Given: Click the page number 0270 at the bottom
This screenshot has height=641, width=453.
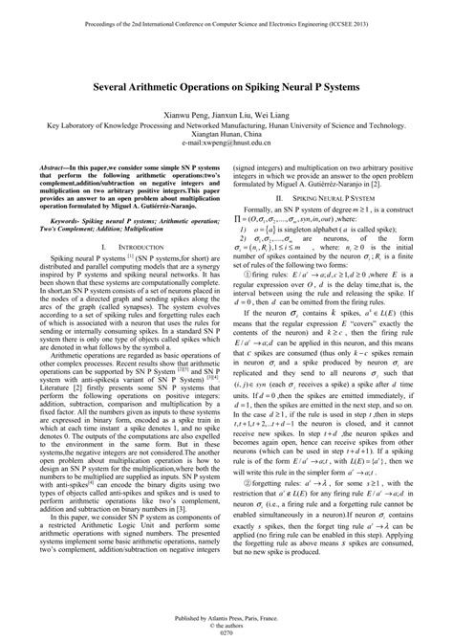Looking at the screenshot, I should tap(226, 632).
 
